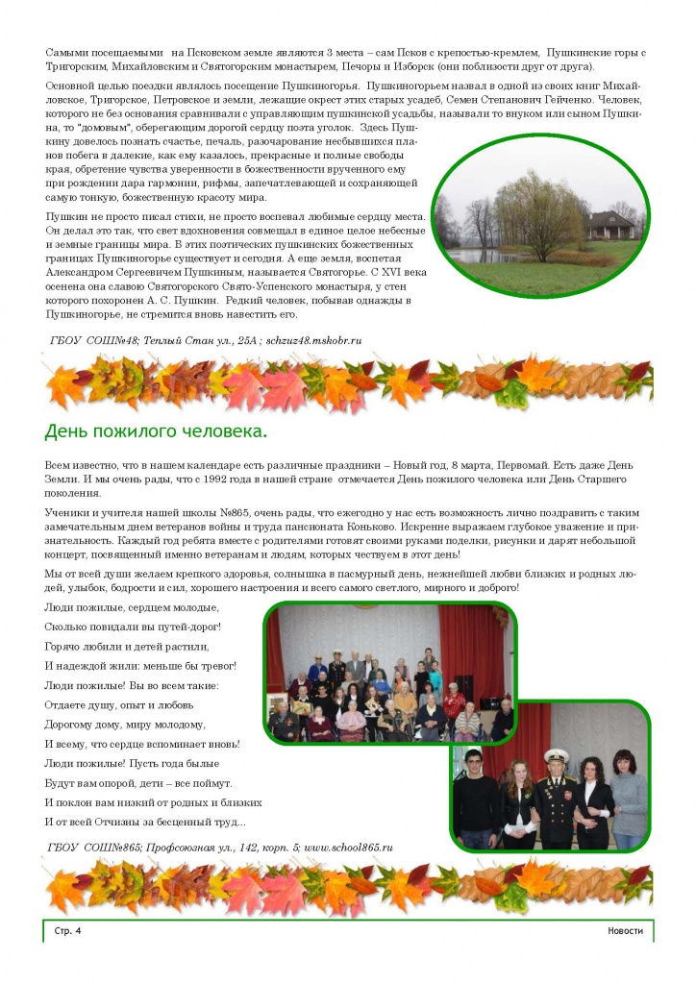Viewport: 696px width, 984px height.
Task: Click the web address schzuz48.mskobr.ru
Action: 307,340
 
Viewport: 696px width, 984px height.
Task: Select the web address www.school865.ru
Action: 347,847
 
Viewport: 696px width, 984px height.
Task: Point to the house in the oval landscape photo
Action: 611,226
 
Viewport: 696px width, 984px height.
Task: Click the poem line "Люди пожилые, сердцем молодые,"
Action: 132,607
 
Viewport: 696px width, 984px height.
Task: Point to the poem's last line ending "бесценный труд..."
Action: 144,822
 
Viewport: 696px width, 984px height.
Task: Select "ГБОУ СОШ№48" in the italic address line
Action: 94,340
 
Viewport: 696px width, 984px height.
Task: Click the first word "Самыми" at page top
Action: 67,51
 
